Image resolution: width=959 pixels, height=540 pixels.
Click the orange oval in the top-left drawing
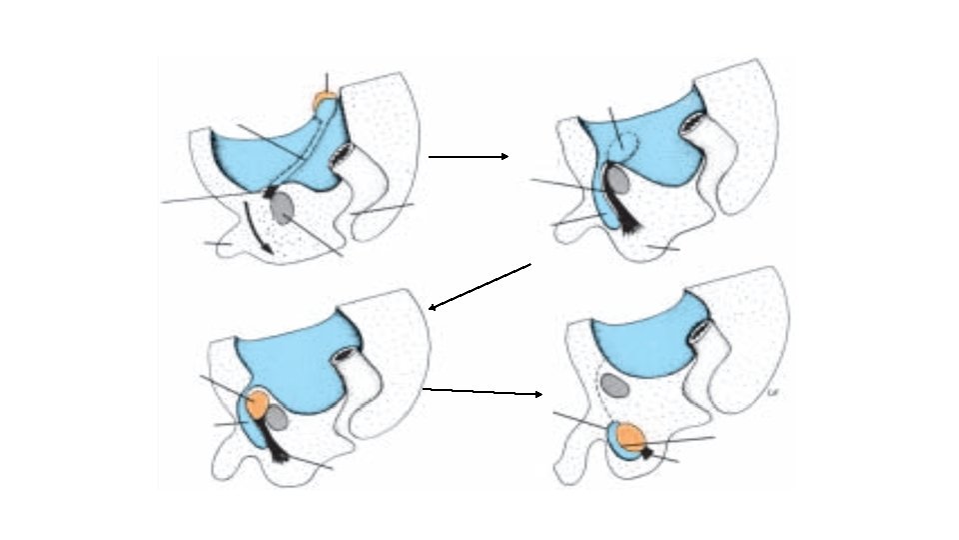click(x=325, y=101)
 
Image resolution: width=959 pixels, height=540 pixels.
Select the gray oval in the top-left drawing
click(x=283, y=208)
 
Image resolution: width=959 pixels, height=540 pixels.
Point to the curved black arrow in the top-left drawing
click(x=258, y=228)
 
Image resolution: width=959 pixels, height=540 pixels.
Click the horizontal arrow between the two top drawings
click(x=469, y=156)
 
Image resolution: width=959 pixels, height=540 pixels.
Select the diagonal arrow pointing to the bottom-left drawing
click(x=479, y=287)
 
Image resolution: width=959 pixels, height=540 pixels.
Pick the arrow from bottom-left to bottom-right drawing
click(x=483, y=392)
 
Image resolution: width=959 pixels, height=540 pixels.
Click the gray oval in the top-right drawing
click(x=618, y=181)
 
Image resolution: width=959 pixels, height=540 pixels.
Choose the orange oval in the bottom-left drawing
click(x=256, y=405)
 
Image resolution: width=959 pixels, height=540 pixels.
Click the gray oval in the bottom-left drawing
click(x=276, y=418)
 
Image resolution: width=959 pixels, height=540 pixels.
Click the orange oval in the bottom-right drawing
click(x=630, y=436)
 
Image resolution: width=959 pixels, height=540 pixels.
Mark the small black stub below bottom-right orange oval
click(x=646, y=453)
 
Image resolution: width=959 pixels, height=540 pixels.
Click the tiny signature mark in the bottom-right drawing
click(x=772, y=393)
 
